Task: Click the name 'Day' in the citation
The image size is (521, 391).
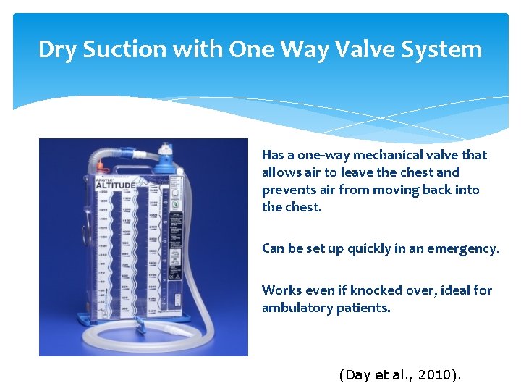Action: tap(357, 375)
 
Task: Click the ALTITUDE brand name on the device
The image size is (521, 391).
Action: tap(114, 184)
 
